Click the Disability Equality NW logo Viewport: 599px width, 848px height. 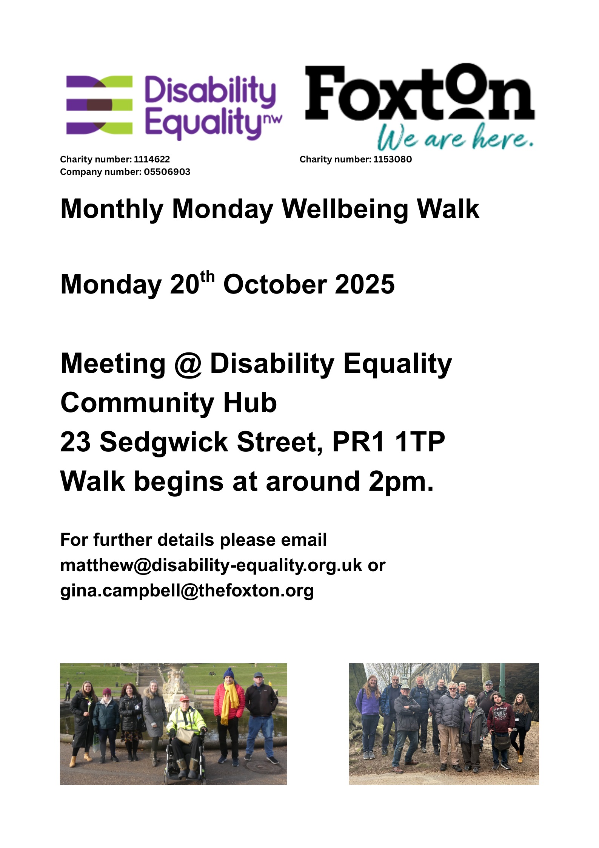click(x=174, y=107)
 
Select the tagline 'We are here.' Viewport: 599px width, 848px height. click(x=456, y=138)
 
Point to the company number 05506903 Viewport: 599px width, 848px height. click(x=167, y=172)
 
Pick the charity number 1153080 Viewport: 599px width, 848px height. click(x=393, y=159)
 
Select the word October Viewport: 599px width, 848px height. click(x=275, y=284)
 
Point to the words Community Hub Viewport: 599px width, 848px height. click(x=169, y=403)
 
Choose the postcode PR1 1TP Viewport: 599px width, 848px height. click(x=388, y=442)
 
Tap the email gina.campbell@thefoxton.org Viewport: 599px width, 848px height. click(x=187, y=591)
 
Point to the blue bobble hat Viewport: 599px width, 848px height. click(x=229, y=673)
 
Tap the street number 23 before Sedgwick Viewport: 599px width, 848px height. click(x=75, y=442)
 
